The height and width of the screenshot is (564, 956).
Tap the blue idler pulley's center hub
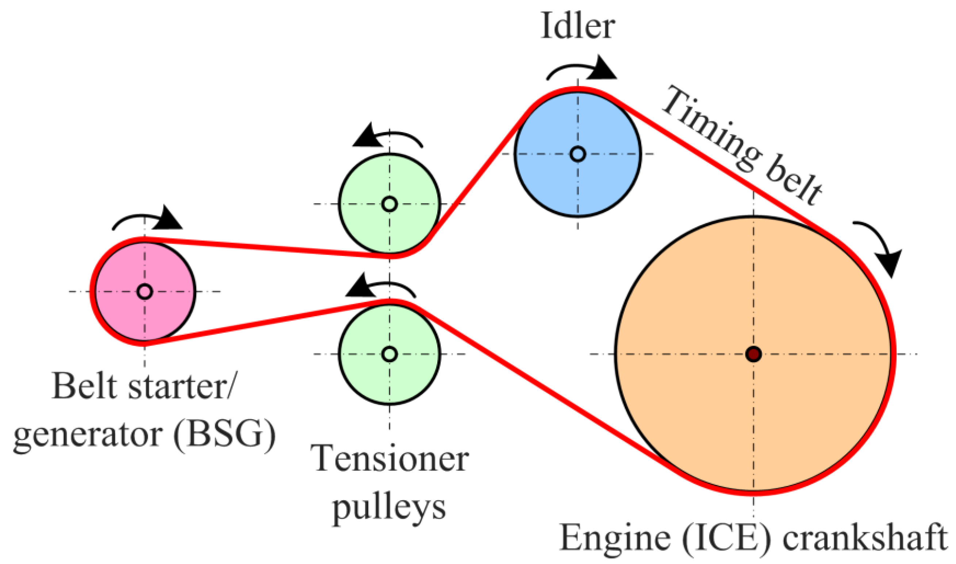coord(577,154)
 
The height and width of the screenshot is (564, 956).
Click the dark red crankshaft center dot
coord(753,354)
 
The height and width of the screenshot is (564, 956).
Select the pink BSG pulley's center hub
coord(145,292)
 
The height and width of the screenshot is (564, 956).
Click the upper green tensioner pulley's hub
coord(389,204)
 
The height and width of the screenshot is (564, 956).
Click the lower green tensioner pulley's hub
coord(389,354)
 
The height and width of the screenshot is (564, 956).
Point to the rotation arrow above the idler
coord(582,70)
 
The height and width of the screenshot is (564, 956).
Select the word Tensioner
coord(389,459)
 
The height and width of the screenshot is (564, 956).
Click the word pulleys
coord(389,507)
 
